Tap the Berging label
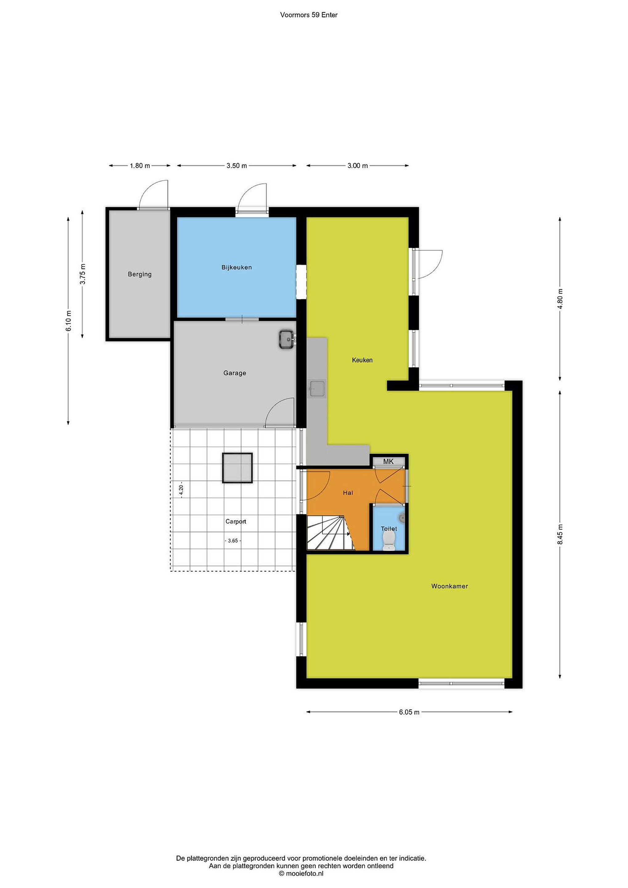(x=140, y=274)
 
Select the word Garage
(x=235, y=373)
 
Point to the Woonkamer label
(x=450, y=586)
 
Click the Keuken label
(x=362, y=360)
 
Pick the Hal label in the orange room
(x=348, y=493)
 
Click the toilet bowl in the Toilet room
(x=388, y=540)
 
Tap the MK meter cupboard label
(x=388, y=461)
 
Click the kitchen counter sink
(x=317, y=389)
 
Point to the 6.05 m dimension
(x=409, y=712)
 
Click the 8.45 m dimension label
(x=560, y=534)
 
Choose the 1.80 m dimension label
(x=140, y=166)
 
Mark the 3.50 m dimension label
(x=237, y=166)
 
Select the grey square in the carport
(x=237, y=468)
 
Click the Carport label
(x=236, y=521)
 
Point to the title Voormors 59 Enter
(x=309, y=15)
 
